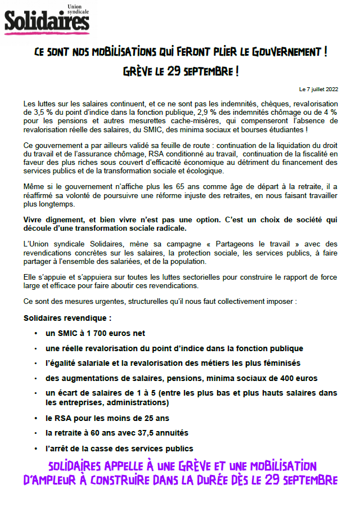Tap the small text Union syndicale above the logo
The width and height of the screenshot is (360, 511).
[x=79, y=10]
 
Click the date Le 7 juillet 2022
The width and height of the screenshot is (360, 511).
[x=318, y=89]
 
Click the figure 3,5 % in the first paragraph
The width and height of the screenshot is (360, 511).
[x=43, y=112]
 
